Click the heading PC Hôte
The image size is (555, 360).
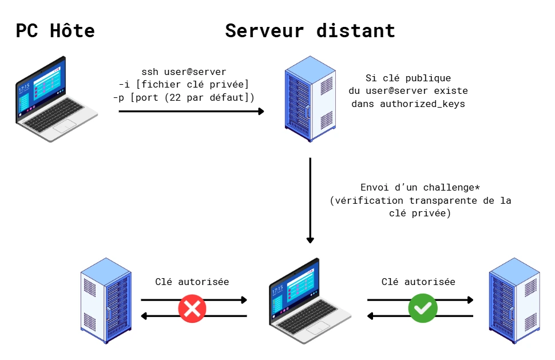click(x=55, y=30)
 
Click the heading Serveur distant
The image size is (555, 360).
click(x=310, y=30)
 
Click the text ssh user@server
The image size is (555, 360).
click(x=184, y=72)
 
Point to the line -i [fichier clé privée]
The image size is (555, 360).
click(x=184, y=85)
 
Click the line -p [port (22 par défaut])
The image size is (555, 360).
click(x=184, y=97)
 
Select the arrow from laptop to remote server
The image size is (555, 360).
click(x=191, y=112)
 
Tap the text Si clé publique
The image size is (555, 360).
click(x=408, y=78)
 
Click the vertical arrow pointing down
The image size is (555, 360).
click(x=310, y=200)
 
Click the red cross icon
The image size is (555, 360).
click(x=192, y=308)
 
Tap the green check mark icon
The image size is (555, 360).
click(x=422, y=308)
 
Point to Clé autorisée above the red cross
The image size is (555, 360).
click(x=192, y=282)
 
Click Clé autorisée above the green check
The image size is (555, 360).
click(x=418, y=282)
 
